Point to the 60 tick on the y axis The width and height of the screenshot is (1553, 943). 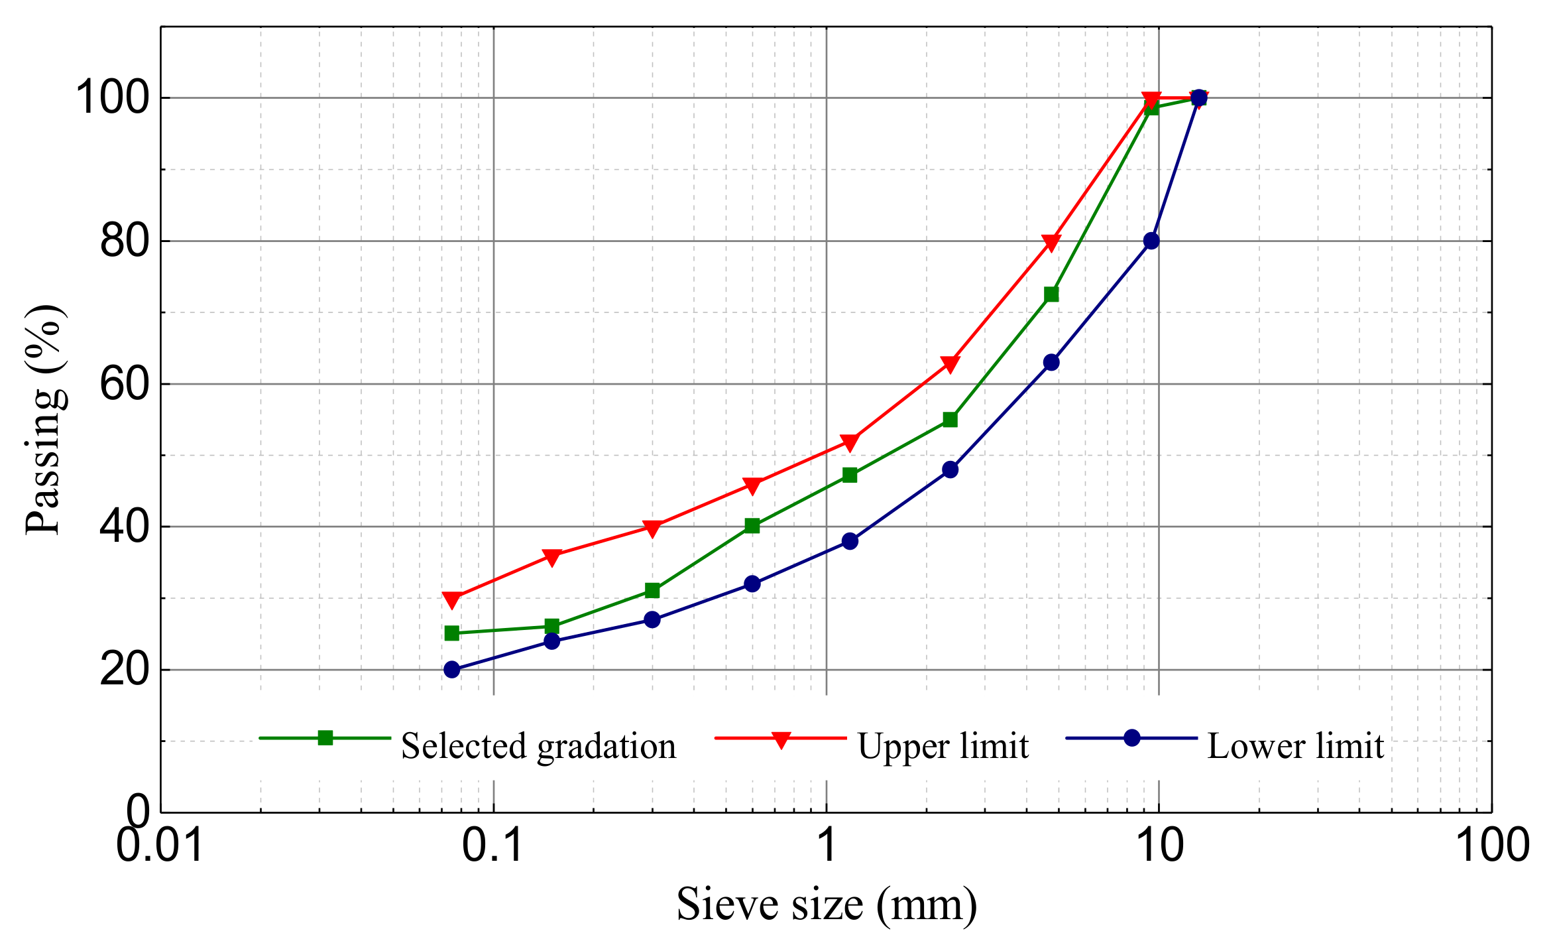pyautogui.click(x=124, y=384)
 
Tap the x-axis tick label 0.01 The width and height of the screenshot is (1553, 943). pyautogui.click(x=160, y=846)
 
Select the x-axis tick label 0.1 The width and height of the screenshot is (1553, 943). pyautogui.click(x=493, y=846)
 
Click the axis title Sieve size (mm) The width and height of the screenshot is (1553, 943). pyautogui.click(x=827, y=905)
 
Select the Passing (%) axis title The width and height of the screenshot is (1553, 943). pyautogui.click(x=44, y=419)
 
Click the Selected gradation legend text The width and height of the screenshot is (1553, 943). pyautogui.click(x=538, y=746)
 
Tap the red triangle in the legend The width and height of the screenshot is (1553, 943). pyautogui.click(x=781, y=739)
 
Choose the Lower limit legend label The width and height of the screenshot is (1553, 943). pyautogui.click(x=1295, y=746)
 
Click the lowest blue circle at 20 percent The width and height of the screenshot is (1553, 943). pyautogui.click(x=452, y=669)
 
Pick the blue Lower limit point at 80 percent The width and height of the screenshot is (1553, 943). pyautogui.click(x=1151, y=241)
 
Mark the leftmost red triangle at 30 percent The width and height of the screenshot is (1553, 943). pyautogui.click(x=452, y=599)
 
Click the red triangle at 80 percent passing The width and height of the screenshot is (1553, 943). pyautogui.click(x=1051, y=242)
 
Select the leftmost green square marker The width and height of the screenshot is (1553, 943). pyautogui.click(x=452, y=633)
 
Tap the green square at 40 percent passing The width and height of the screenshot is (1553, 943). pyautogui.click(x=752, y=526)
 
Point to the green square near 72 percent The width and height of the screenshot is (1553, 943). pyautogui.click(x=1051, y=294)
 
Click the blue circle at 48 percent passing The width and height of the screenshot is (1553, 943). pyautogui.click(x=950, y=470)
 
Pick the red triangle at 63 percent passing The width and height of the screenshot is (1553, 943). pyautogui.click(x=950, y=364)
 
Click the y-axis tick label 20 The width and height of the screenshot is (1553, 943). pyautogui.click(x=124, y=670)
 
